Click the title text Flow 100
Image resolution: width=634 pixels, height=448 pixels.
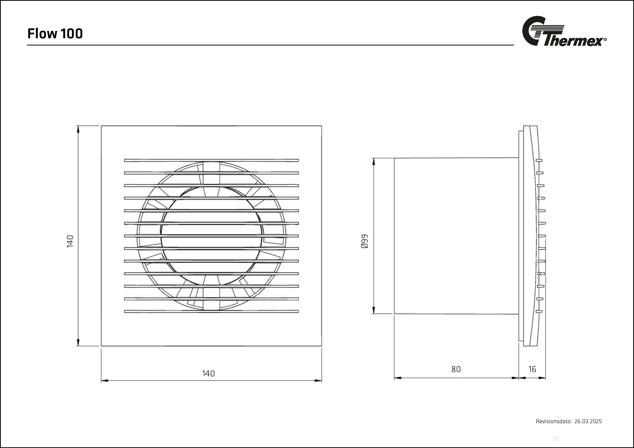tap(55, 34)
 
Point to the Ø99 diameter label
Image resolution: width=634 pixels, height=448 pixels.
tap(365, 242)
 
